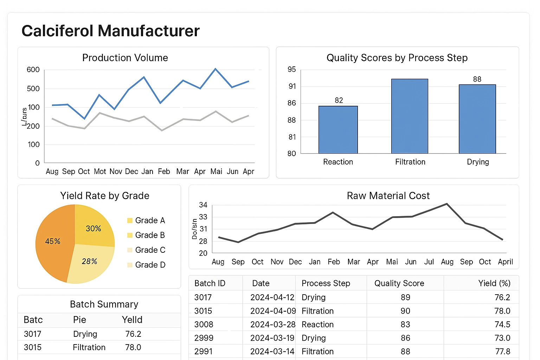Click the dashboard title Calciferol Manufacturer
click(x=110, y=31)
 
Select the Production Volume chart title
click(x=125, y=58)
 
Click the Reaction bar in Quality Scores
click(x=338, y=130)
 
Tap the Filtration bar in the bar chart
click(x=410, y=116)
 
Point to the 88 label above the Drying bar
click(x=477, y=79)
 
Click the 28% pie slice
click(x=89, y=262)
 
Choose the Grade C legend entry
click(x=146, y=250)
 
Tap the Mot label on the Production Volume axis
click(x=100, y=172)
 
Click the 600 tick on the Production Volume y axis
click(x=33, y=70)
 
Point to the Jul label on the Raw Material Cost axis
click(x=429, y=262)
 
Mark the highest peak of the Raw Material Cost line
click(x=446, y=204)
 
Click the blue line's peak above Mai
click(x=216, y=69)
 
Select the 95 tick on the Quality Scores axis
click(x=291, y=70)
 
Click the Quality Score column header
click(x=399, y=283)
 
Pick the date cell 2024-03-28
click(x=272, y=324)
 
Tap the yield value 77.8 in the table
click(x=502, y=352)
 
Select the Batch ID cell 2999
click(x=204, y=338)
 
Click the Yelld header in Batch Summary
click(x=132, y=320)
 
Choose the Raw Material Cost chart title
click(x=388, y=196)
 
